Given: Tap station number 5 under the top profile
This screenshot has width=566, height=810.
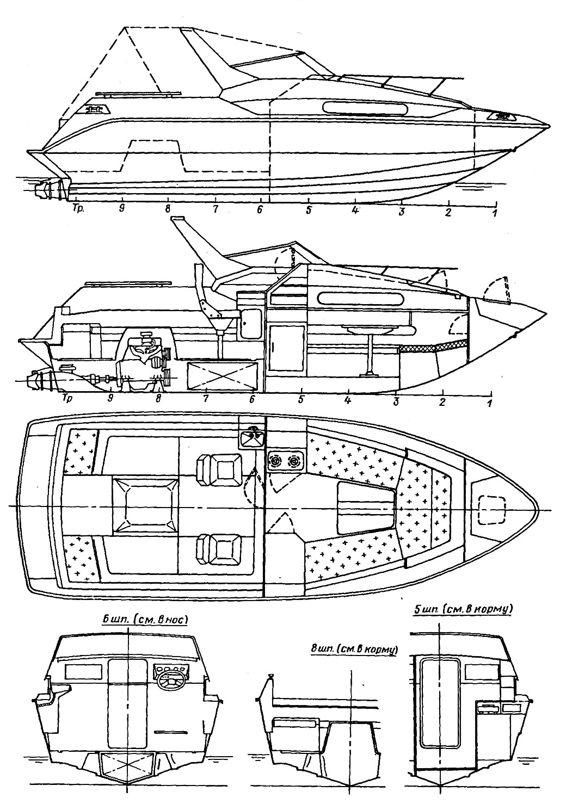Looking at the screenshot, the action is coord(309,210).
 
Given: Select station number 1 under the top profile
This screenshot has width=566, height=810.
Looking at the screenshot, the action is coord(494,213).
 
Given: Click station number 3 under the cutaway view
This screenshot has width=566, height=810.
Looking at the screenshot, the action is coord(396,401).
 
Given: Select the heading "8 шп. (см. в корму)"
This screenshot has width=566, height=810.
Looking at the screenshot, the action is coord(354,649).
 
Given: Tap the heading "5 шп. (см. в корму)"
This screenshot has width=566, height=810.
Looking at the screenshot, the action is coord(464,609).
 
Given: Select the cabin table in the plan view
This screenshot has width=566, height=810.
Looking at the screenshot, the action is coord(366,506).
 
